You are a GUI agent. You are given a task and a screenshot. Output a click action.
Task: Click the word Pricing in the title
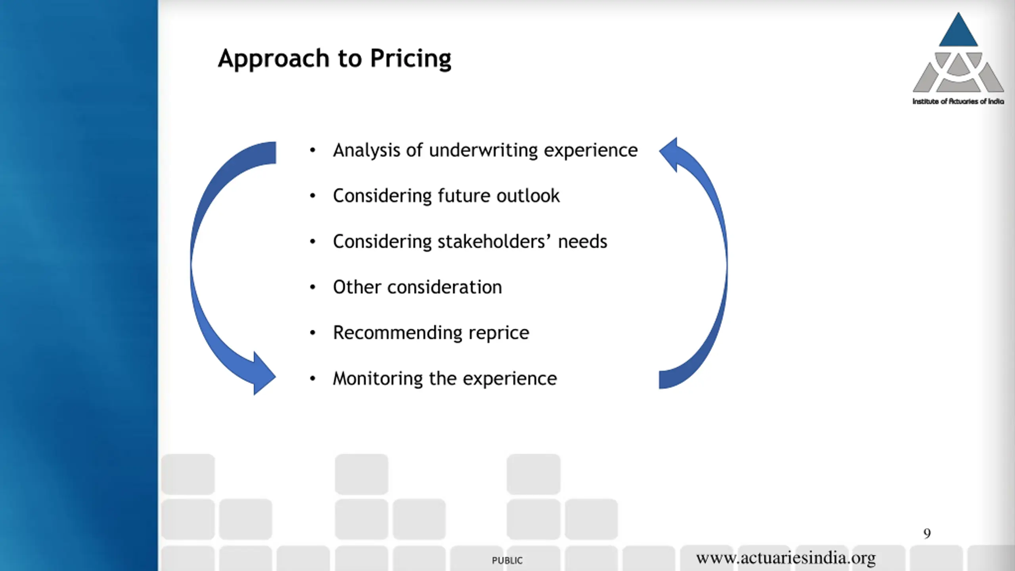point(410,59)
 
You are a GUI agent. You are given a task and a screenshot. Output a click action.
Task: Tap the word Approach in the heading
point(274,59)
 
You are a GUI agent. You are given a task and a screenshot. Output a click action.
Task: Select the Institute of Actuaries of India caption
point(958,102)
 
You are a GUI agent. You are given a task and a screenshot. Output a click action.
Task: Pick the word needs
point(582,241)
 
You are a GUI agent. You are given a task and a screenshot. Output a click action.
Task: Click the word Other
point(357,287)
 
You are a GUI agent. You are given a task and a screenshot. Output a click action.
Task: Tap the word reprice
point(499,333)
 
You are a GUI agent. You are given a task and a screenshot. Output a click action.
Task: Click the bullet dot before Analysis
point(313,150)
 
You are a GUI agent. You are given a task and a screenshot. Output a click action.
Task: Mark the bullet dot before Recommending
point(313,333)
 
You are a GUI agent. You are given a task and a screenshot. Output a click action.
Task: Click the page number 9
point(927,533)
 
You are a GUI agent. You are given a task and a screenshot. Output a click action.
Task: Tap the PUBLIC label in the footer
point(507,560)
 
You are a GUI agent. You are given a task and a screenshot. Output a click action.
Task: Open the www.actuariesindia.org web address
point(786,558)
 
